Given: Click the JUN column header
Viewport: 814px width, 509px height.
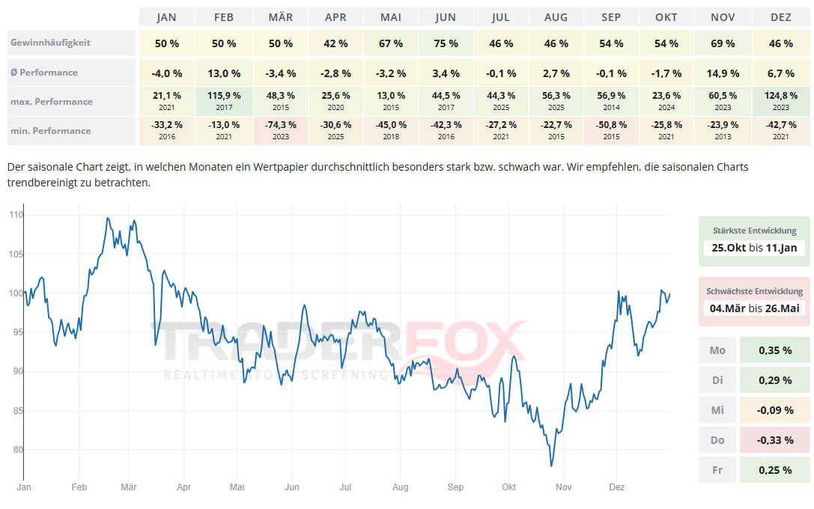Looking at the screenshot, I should click(x=446, y=17).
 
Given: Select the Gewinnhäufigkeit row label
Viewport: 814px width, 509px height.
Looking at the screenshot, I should click(x=50, y=43).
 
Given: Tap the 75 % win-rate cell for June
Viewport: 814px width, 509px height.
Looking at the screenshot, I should click(x=446, y=43).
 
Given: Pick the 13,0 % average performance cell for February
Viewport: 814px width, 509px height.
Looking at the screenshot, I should click(x=224, y=73).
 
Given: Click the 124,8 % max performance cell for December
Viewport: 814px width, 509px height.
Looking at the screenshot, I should click(x=781, y=96).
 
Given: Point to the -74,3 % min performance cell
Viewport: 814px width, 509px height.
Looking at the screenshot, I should click(x=281, y=125).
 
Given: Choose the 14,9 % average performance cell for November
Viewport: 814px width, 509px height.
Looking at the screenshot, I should click(x=723, y=73).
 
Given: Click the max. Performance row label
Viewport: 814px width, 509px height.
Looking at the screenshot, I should click(x=52, y=102).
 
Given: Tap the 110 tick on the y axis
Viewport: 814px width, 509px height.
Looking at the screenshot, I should click(x=16, y=215).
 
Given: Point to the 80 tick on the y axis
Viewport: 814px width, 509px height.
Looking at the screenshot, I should click(x=18, y=450).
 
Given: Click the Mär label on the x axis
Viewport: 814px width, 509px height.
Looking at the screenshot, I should click(x=129, y=487).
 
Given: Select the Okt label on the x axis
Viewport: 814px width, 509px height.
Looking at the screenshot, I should click(x=509, y=487).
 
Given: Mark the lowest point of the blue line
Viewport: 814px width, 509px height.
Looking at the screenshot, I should click(x=551, y=466).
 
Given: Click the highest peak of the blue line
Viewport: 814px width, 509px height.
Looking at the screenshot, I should click(x=108, y=218).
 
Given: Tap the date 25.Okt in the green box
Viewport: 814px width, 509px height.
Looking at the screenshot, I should click(x=729, y=248).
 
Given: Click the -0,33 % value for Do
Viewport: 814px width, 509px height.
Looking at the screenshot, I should click(x=775, y=440).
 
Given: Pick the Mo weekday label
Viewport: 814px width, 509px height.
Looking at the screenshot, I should click(x=717, y=350).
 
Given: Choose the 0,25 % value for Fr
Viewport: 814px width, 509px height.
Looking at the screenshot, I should click(x=775, y=470).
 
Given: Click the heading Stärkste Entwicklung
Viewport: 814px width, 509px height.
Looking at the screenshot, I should click(x=755, y=231).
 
